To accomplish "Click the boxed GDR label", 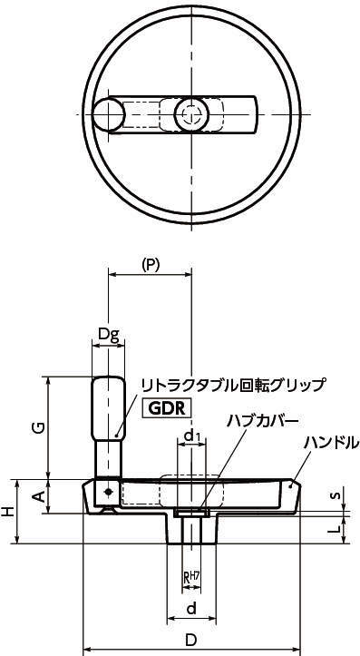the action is point(167,408).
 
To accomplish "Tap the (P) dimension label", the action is point(151,265).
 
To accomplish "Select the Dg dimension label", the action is point(109,335).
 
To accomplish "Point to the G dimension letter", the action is point(38,427).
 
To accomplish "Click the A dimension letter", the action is point(38,496).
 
